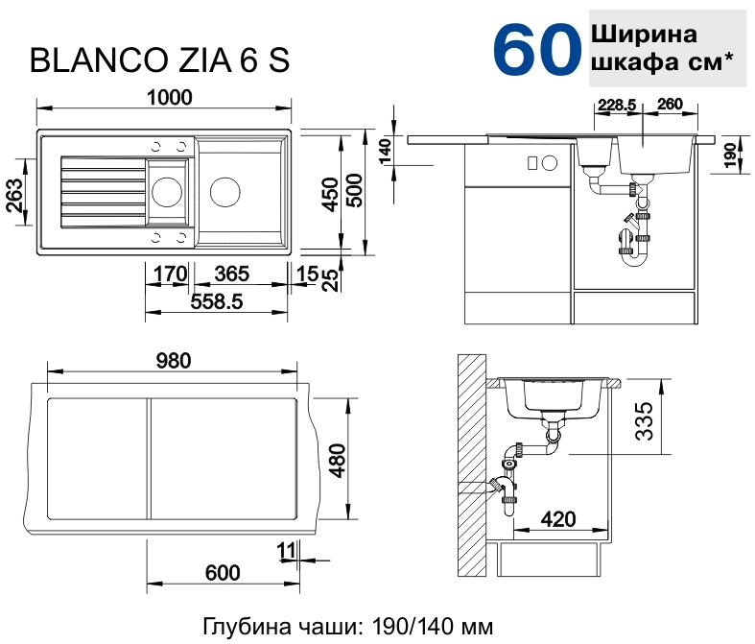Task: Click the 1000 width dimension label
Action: (x=169, y=98)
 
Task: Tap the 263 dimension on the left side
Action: (x=15, y=195)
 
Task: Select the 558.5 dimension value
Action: (x=217, y=302)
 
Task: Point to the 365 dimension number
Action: (x=232, y=274)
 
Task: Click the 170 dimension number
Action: (x=170, y=274)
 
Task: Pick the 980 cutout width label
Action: (x=174, y=361)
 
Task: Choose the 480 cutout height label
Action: (x=338, y=460)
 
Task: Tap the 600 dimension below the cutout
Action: (x=222, y=573)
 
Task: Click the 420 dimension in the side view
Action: (x=558, y=519)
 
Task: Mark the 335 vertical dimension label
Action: (x=645, y=421)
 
